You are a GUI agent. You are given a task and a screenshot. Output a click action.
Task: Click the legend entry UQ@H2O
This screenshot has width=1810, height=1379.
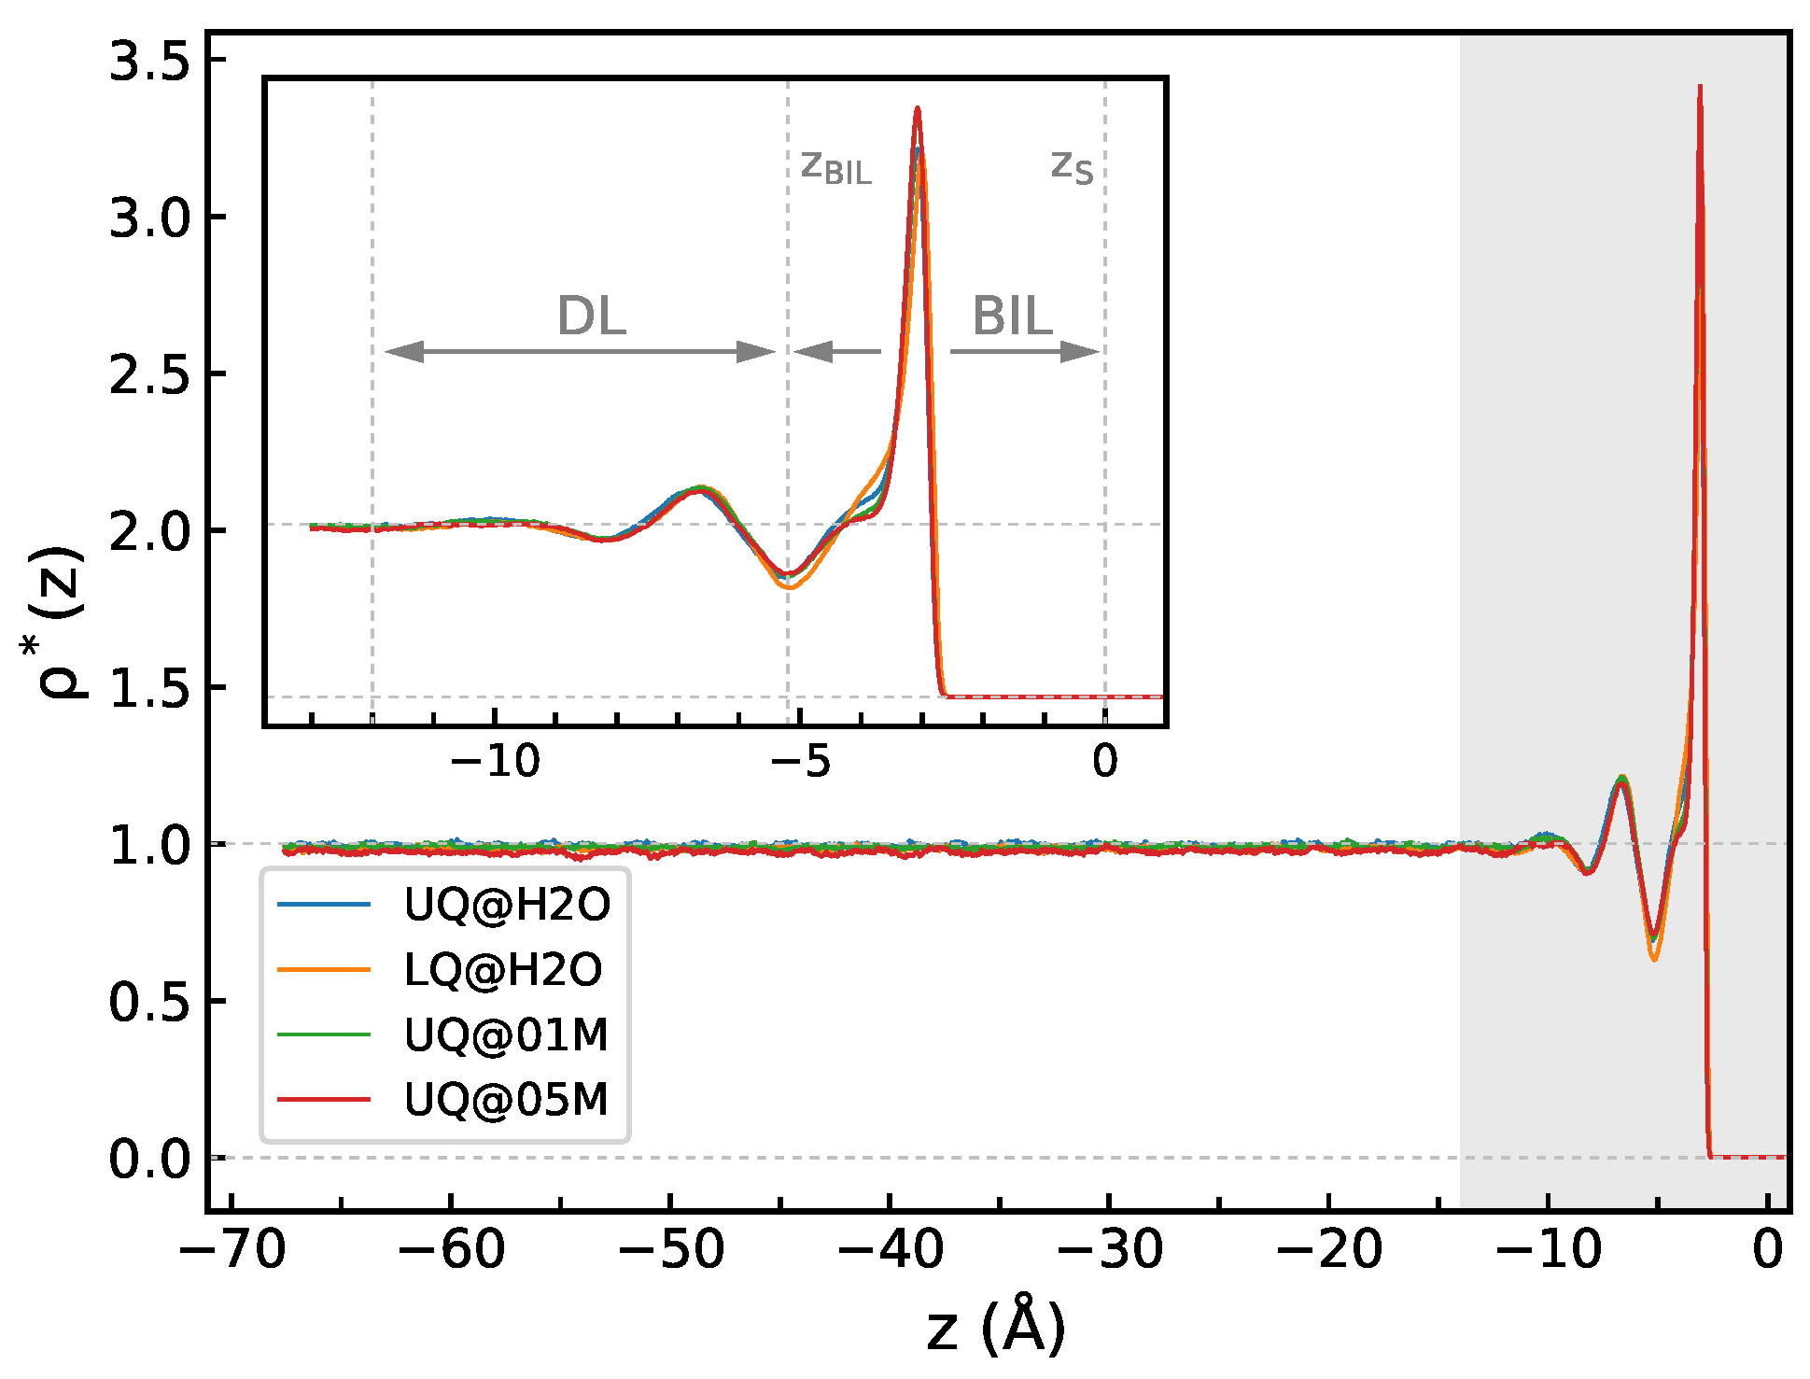(x=507, y=905)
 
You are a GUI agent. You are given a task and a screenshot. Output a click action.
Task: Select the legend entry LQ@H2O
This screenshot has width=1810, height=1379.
(x=503, y=970)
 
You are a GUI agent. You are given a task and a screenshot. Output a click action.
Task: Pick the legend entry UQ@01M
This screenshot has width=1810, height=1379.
(x=506, y=1035)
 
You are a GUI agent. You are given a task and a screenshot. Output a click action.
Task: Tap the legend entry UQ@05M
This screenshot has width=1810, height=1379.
(x=506, y=1100)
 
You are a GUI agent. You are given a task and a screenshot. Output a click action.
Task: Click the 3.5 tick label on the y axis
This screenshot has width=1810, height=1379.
(x=148, y=62)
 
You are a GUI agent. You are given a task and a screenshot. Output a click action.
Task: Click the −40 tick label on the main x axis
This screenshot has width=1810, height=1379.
(x=890, y=1248)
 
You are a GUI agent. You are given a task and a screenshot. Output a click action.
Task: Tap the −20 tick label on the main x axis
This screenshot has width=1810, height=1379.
(x=1328, y=1248)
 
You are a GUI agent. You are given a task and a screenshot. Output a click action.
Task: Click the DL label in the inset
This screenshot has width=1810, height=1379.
(x=591, y=316)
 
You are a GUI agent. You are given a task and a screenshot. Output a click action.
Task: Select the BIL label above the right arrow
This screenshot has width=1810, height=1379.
(x=1013, y=316)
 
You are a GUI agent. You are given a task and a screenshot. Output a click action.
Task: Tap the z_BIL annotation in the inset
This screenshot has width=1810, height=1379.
(x=835, y=168)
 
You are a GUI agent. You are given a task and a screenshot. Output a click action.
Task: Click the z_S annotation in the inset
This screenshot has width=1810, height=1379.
(x=1071, y=167)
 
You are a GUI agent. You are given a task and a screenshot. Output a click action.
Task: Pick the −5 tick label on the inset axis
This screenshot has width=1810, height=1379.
(x=800, y=762)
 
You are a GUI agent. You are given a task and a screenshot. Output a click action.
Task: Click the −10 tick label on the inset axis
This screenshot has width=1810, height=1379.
(x=495, y=762)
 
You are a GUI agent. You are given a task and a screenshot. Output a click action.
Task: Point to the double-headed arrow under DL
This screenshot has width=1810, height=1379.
(x=580, y=352)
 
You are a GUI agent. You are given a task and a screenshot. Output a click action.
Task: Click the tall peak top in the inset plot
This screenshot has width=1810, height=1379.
(x=918, y=109)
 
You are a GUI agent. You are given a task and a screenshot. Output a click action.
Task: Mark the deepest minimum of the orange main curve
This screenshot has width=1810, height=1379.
(x=1654, y=959)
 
